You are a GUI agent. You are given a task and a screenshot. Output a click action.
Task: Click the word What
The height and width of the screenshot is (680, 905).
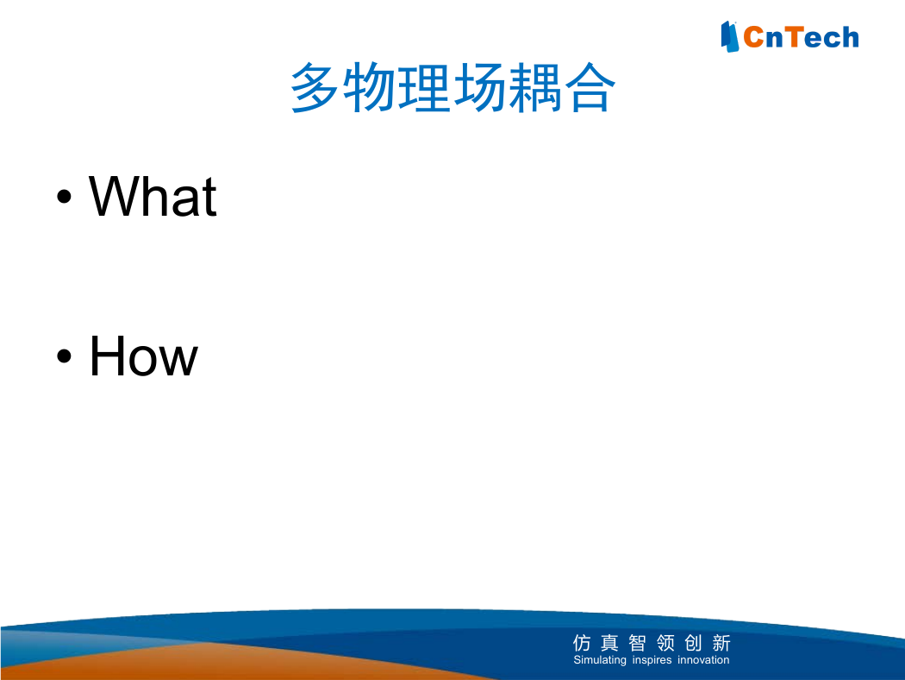(x=153, y=197)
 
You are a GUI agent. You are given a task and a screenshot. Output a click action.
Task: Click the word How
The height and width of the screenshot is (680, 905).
(x=144, y=356)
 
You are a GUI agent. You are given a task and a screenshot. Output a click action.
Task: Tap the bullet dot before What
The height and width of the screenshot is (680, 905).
(x=64, y=197)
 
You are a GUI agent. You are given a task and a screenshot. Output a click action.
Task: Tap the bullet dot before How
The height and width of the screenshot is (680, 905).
(x=64, y=356)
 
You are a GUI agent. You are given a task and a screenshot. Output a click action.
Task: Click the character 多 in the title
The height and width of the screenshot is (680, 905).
(x=314, y=87)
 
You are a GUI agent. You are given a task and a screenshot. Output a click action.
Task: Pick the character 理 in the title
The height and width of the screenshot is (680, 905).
(x=424, y=87)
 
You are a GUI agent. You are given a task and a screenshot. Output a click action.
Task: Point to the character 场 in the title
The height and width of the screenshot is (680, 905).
(x=479, y=87)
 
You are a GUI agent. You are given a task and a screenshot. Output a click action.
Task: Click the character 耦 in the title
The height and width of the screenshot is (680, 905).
(x=534, y=87)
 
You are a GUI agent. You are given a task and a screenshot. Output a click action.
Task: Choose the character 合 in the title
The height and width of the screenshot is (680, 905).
(x=590, y=87)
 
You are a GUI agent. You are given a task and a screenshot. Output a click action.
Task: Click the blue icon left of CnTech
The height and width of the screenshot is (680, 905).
(x=729, y=37)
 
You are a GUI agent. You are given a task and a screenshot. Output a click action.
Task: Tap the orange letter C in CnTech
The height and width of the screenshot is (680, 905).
(x=754, y=38)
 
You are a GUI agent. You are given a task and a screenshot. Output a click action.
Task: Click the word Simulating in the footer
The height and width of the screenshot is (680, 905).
(x=600, y=660)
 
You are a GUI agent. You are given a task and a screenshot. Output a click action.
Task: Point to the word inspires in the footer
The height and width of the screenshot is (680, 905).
(x=652, y=660)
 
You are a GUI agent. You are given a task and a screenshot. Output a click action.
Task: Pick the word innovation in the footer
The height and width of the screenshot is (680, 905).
(x=703, y=660)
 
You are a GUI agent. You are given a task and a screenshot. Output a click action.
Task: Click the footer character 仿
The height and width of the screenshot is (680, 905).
(x=582, y=642)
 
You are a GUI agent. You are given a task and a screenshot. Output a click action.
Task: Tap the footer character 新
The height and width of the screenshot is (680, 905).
(x=721, y=642)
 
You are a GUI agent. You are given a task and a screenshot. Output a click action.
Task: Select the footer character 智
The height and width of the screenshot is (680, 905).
(x=637, y=642)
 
